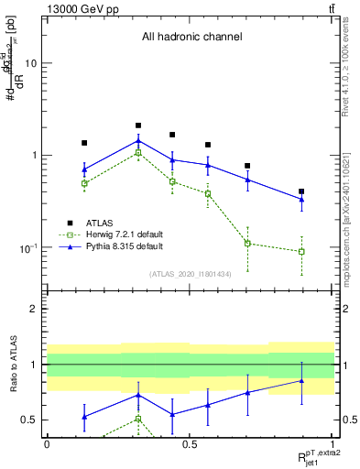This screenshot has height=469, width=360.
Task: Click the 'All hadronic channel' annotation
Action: point(191,38)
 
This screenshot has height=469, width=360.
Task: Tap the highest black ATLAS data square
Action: point(138,125)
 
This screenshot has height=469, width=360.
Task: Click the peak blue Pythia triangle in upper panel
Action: point(138,141)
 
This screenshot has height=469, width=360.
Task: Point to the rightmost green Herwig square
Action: point(301,251)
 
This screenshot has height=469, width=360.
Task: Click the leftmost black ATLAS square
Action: point(84,143)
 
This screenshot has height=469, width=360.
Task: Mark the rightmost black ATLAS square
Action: point(301,191)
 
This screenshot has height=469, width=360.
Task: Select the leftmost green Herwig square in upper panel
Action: point(84,183)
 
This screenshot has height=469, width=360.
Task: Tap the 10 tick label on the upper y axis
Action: point(31,63)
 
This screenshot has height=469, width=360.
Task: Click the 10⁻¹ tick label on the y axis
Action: point(27,248)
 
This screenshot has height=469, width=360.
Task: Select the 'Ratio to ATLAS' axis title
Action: point(14,365)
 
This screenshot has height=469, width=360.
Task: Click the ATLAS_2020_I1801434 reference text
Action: point(190,274)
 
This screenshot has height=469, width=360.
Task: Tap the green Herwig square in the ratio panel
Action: point(138,419)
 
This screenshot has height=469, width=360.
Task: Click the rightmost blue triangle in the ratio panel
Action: point(301,380)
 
